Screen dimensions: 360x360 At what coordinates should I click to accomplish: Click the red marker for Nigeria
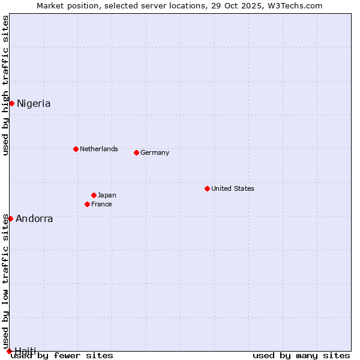click(11, 103)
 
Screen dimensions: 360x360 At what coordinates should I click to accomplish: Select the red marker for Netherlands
click(76, 149)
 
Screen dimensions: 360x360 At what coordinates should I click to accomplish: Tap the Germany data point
click(136, 152)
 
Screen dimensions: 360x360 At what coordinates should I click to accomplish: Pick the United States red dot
click(207, 188)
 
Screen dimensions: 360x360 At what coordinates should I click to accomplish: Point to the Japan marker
click(94, 195)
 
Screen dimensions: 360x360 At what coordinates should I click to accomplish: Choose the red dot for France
click(87, 204)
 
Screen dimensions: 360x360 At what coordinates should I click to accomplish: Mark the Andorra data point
click(10, 218)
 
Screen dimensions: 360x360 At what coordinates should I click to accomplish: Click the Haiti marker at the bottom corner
click(9, 351)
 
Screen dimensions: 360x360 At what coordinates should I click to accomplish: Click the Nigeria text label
click(34, 103)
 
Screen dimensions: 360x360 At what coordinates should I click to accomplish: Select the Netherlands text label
click(99, 149)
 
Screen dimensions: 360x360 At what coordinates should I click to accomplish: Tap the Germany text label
click(155, 152)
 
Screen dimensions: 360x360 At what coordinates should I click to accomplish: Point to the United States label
click(233, 188)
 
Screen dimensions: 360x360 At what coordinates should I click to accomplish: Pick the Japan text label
click(107, 195)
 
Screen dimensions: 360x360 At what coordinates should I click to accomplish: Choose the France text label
click(101, 204)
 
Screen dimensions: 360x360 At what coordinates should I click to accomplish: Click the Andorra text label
click(34, 218)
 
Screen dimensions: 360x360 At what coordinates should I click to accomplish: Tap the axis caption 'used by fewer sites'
click(62, 355)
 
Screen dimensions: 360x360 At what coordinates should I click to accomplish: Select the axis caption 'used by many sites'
click(301, 355)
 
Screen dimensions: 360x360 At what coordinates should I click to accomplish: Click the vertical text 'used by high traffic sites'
click(5, 85)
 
